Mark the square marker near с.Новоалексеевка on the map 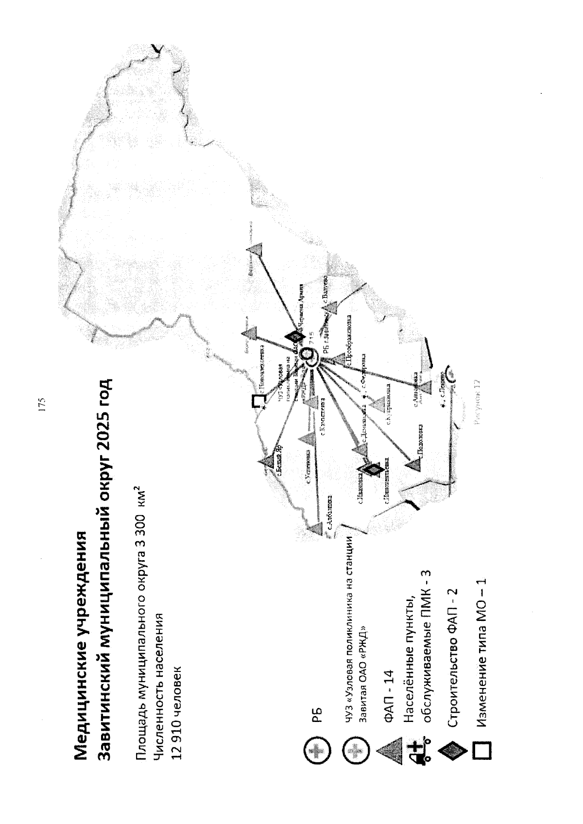(x=259, y=401)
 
